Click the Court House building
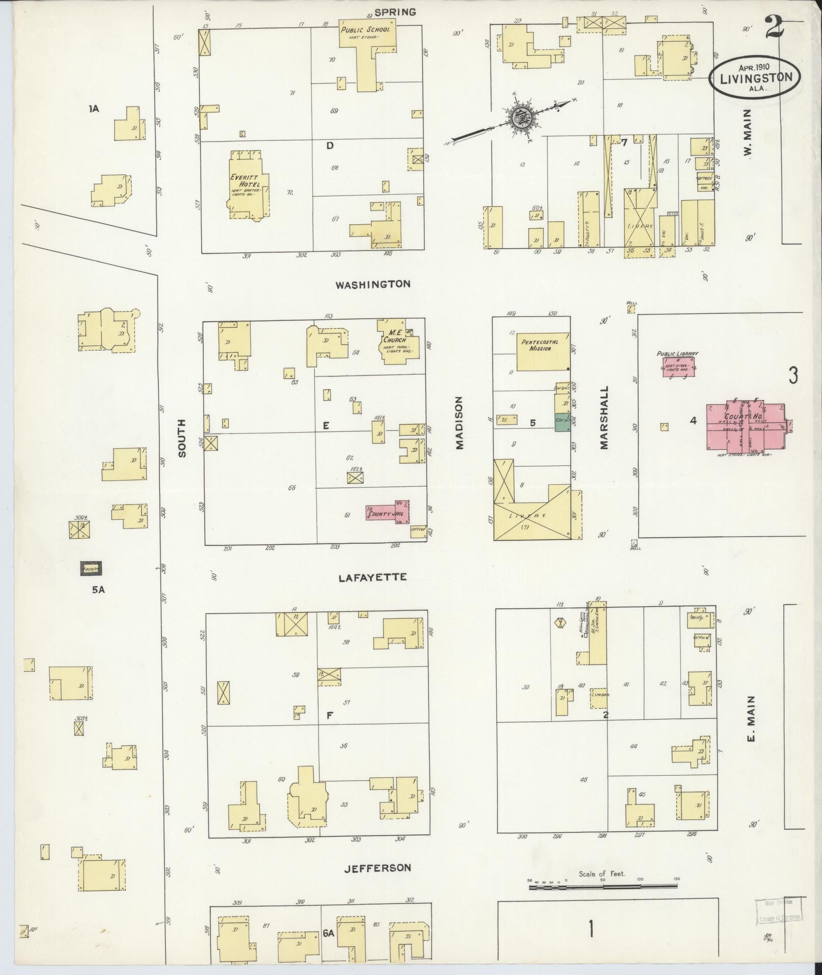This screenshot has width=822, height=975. click(745, 427)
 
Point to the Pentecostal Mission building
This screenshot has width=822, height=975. click(543, 352)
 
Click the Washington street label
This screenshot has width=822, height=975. click(373, 284)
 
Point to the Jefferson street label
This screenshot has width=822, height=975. click(377, 867)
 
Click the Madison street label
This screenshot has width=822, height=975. click(460, 423)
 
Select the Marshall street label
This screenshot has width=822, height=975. click(605, 417)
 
